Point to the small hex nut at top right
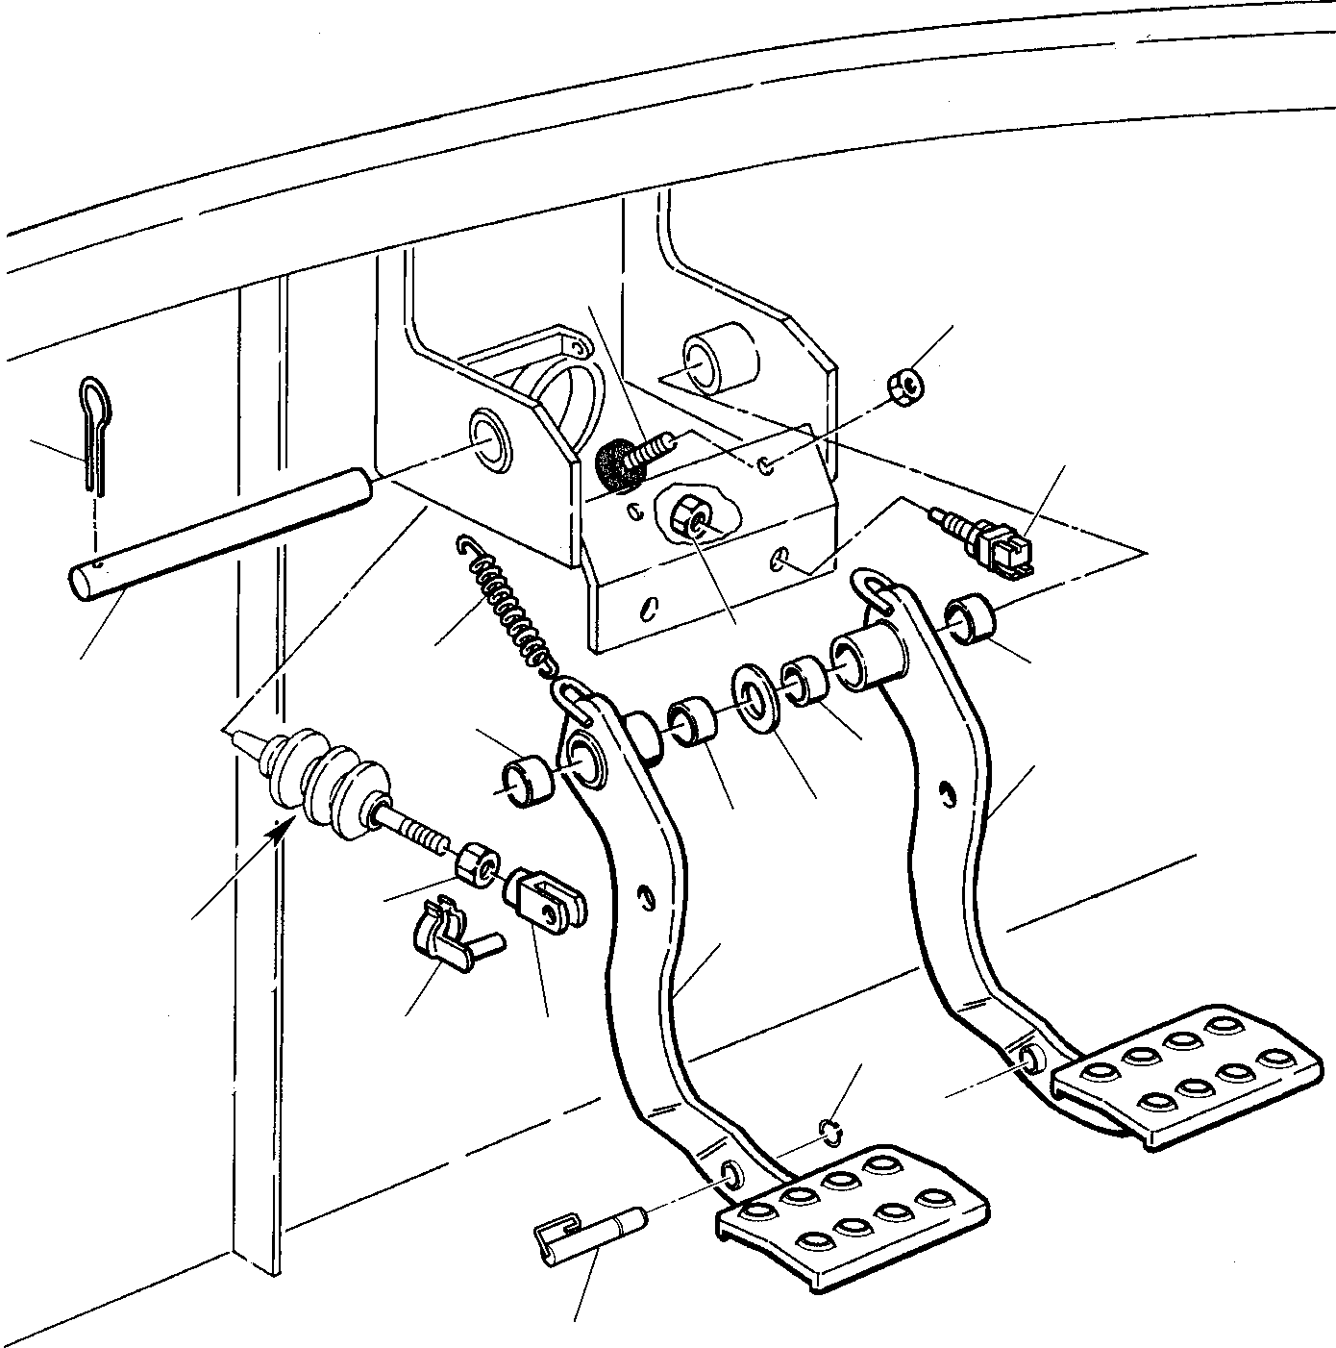click(904, 386)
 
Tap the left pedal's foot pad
click(851, 1211)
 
